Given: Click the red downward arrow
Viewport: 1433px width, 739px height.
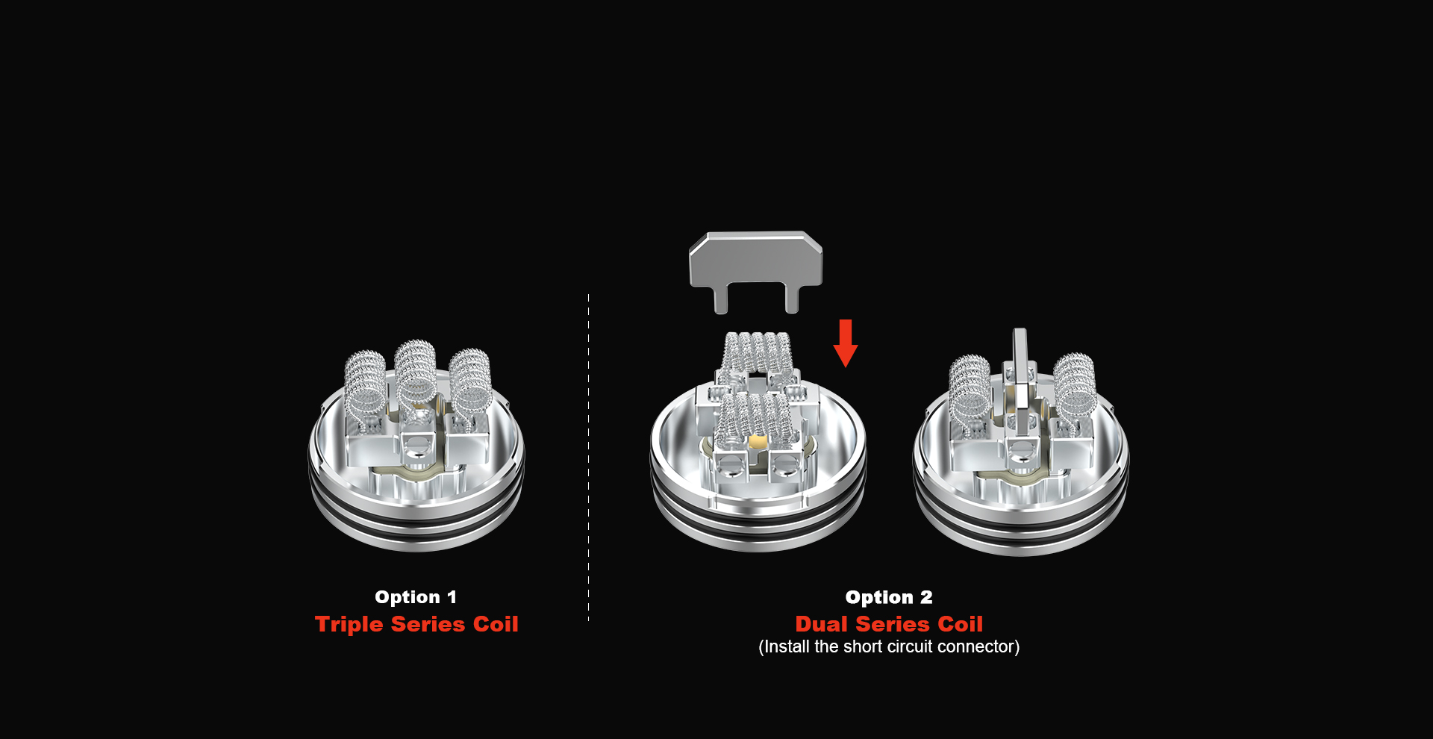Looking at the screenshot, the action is [x=845, y=343].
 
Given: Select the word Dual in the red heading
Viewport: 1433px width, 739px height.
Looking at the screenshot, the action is [x=822, y=624].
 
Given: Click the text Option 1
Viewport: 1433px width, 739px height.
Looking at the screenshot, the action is [x=416, y=597].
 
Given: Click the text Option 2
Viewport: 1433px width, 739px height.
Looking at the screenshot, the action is [x=889, y=597].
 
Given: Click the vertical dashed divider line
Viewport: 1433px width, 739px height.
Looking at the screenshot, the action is [x=588, y=458].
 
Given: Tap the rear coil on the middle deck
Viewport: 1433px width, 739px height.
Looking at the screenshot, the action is [x=758, y=351].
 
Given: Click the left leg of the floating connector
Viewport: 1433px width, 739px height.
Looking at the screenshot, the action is [x=722, y=299].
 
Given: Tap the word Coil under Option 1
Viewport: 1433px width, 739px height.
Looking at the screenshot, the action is [x=496, y=625].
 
